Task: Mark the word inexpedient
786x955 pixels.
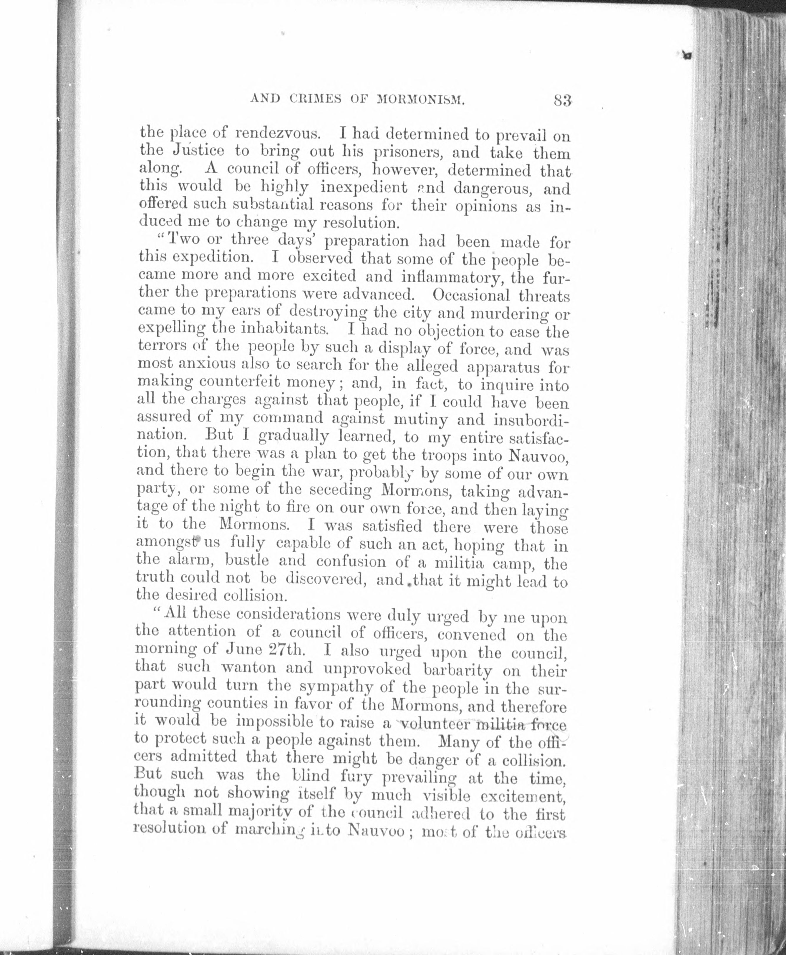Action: click(x=364, y=187)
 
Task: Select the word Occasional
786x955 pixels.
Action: click(x=471, y=295)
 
